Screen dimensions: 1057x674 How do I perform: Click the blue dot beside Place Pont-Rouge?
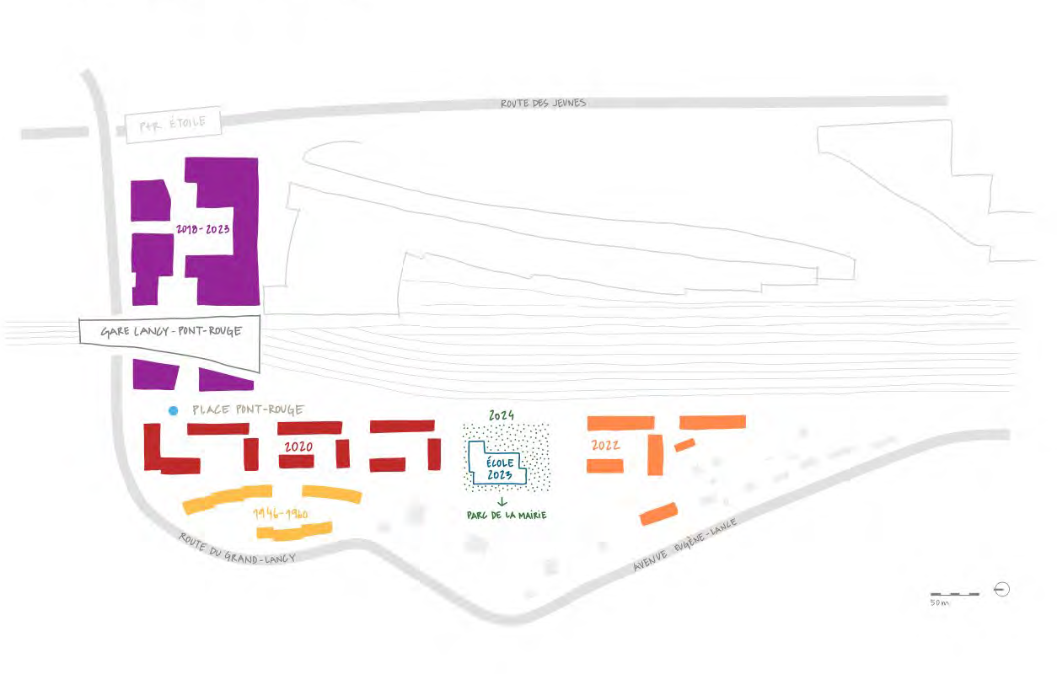(x=173, y=411)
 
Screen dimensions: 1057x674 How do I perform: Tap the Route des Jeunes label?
(x=543, y=103)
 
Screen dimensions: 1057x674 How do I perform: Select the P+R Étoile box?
(x=173, y=125)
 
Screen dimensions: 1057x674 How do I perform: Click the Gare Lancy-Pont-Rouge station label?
(x=171, y=331)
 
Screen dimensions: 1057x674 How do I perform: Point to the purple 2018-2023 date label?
(x=203, y=229)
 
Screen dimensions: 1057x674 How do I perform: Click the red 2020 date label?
(x=298, y=447)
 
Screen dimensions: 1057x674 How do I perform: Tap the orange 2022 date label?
(x=605, y=445)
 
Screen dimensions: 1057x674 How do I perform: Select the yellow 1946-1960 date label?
(x=281, y=513)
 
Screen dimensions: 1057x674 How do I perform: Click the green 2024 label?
(x=502, y=415)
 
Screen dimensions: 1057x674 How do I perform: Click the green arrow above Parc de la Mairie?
(x=502, y=502)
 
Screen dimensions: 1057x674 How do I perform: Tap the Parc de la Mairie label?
(x=507, y=515)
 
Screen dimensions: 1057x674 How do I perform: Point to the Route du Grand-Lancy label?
(x=237, y=548)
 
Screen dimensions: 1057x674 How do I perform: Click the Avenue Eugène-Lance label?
(x=684, y=544)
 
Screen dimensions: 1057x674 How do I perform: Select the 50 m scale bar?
(x=955, y=594)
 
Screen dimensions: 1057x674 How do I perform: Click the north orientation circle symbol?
(x=1002, y=590)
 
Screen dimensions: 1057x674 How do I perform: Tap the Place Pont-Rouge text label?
(x=248, y=409)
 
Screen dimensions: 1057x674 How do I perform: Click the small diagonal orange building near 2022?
(x=684, y=445)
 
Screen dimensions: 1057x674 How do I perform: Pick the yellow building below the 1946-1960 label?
(x=294, y=531)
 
